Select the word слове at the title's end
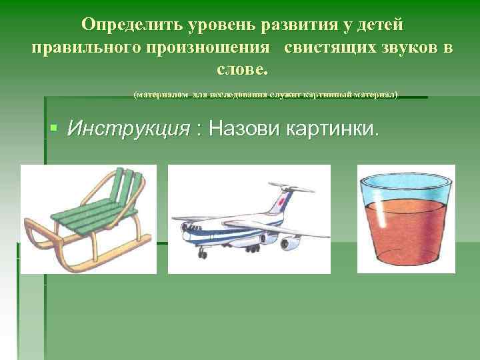[x=240, y=69]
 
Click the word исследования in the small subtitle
[x=238, y=95]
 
